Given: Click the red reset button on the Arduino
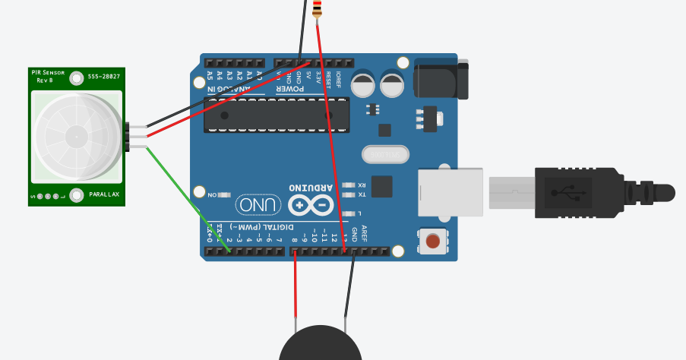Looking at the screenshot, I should (x=433, y=242).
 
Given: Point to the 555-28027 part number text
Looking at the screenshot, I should (x=103, y=77).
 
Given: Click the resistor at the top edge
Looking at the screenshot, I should (x=317, y=9).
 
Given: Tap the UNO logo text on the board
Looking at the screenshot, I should (x=258, y=204).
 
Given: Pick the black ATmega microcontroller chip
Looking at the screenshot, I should (x=288, y=115).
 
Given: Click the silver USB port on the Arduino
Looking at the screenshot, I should (x=450, y=191).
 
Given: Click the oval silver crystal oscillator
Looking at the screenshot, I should (x=385, y=154).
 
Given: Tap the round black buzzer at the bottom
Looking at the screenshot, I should (x=320, y=346).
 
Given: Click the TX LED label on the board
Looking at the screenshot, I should (x=362, y=194).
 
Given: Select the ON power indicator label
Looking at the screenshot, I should (x=212, y=194).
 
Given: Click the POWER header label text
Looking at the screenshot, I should (x=290, y=89).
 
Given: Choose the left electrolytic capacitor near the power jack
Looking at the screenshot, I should (x=362, y=84).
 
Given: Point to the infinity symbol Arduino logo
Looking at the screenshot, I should (x=311, y=205).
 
